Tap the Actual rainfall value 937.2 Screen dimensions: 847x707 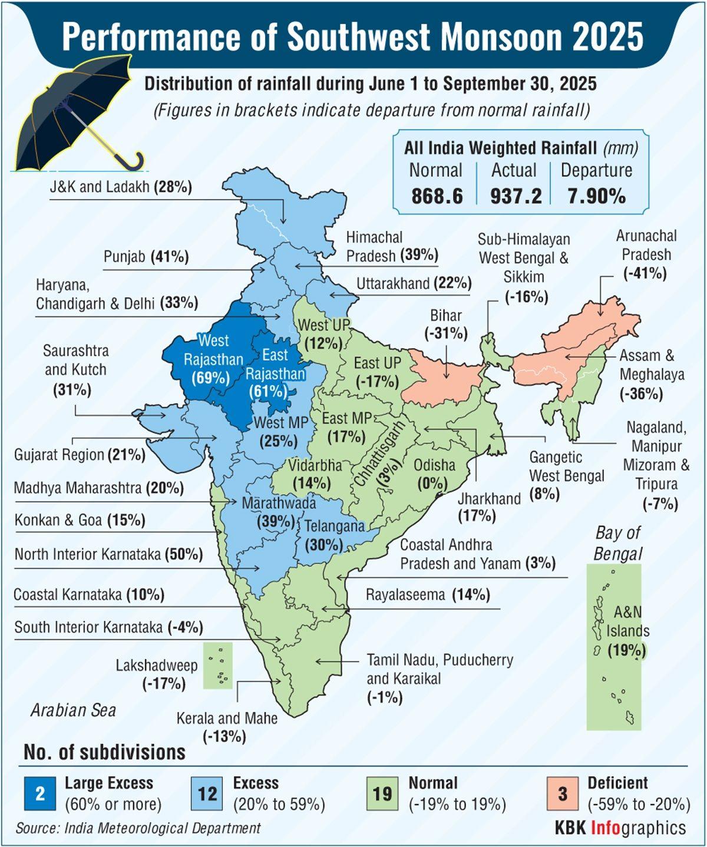click(516, 196)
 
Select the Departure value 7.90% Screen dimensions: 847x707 click(596, 196)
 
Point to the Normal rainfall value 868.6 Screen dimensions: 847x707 click(437, 196)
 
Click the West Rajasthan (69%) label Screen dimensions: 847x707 click(213, 359)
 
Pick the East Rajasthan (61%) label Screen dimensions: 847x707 click(275, 373)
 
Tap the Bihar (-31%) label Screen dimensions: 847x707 click(446, 324)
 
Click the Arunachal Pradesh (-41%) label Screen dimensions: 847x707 click(646, 254)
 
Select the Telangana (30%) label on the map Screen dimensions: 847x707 click(333, 535)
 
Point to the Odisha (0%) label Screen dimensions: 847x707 click(434, 474)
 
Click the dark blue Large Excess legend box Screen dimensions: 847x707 click(40, 793)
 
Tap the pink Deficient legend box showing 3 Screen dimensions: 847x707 click(562, 793)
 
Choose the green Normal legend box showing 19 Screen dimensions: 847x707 click(382, 793)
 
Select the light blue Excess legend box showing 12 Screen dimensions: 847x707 click(207, 793)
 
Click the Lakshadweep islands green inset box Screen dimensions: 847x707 click(218, 666)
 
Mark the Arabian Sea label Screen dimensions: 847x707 click(73, 710)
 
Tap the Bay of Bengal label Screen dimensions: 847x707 click(617, 543)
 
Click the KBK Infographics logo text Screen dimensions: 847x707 click(620, 828)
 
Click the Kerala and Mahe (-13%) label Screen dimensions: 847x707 click(226, 727)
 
